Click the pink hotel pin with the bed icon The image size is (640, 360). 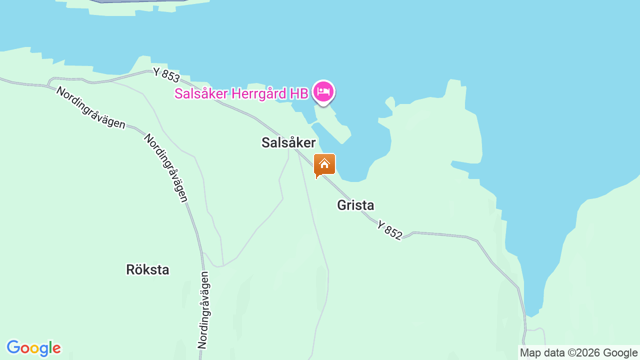pyautogui.click(x=323, y=92)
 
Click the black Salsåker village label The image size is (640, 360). pyautogui.click(x=288, y=143)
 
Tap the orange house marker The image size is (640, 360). pyautogui.click(x=324, y=165)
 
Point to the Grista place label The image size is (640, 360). pyautogui.click(x=355, y=205)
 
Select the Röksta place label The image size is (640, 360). pyautogui.click(x=147, y=270)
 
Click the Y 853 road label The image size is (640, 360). pyautogui.click(x=166, y=75)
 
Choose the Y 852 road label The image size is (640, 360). pyautogui.click(x=389, y=230)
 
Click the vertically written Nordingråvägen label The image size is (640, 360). pyautogui.click(x=203, y=309)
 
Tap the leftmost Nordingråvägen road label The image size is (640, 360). pyautogui.click(x=90, y=107)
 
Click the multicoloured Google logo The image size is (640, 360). pyautogui.click(x=33, y=348)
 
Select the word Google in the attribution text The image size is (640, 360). pyautogui.click(x=620, y=353)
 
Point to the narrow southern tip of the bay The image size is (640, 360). pyautogui.click(x=533, y=310)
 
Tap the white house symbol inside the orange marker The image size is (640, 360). pyautogui.click(x=324, y=163)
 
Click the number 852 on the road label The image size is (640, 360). pyautogui.click(x=393, y=233)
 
